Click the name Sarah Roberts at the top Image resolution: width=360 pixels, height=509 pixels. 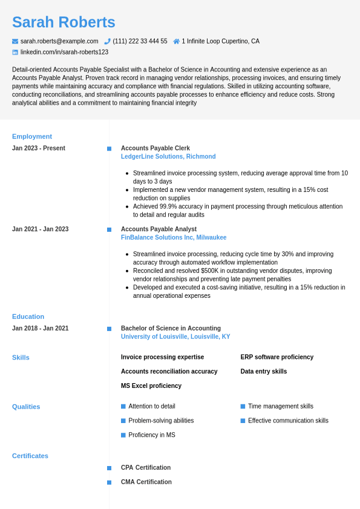64,22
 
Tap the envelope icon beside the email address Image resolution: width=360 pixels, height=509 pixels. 15,41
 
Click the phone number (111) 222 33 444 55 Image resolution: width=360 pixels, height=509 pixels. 140,41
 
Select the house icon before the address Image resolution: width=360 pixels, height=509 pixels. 177,41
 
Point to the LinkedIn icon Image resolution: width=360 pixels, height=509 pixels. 15,52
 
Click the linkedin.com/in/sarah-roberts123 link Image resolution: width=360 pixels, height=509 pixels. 64,52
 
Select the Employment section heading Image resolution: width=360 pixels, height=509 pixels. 32,136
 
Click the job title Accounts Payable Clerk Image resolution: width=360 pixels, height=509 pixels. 155,148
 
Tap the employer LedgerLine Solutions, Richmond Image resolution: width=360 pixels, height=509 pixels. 168,157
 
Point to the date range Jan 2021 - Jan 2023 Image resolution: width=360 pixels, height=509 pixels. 41,229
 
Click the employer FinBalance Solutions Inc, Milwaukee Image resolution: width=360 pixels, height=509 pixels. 174,238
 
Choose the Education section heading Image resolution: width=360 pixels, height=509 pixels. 28,317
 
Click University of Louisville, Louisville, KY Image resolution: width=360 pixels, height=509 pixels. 175,337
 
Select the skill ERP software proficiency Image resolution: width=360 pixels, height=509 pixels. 277,357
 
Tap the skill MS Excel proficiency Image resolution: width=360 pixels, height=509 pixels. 151,386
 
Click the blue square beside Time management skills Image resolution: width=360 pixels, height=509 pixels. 243,406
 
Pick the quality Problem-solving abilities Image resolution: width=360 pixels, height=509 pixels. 161,421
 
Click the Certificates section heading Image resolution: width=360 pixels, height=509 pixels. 30,456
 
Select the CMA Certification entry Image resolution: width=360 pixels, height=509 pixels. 146,482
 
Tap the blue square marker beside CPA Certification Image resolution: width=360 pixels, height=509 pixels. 109,468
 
